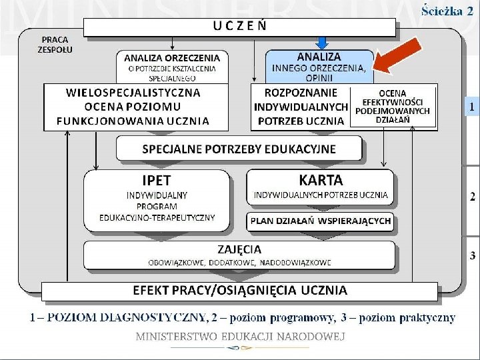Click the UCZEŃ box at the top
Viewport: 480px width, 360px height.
[x=240, y=27]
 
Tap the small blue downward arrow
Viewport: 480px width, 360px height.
[x=322, y=43]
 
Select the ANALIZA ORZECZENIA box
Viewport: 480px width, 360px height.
[x=171, y=67]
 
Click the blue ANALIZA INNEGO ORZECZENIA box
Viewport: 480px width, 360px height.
[x=319, y=66]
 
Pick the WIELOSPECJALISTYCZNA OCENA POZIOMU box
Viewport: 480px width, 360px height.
[x=137, y=107]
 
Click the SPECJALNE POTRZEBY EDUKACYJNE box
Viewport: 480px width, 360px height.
[x=239, y=149]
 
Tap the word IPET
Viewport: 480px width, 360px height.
[x=157, y=180]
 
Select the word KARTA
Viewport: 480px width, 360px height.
[x=321, y=180]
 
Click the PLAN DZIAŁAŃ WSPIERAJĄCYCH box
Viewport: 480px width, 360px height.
[x=321, y=221]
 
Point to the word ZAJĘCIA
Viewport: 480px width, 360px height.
[x=239, y=249]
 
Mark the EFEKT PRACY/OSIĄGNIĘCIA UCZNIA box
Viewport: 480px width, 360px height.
[x=240, y=290]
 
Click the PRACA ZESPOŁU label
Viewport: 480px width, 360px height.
[x=54, y=45]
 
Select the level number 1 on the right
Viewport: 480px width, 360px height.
[x=472, y=107]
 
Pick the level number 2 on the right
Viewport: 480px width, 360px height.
[x=472, y=197]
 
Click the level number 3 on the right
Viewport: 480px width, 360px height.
[x=472, y=255]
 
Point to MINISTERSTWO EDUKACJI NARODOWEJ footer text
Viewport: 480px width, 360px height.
[x=240, y=337]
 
